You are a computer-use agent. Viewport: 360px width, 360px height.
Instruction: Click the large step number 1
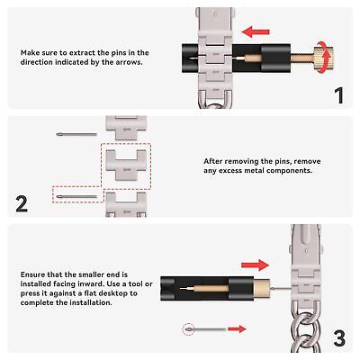[x=339, y=95]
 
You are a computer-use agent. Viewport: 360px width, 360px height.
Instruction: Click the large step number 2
[x=22, y=204]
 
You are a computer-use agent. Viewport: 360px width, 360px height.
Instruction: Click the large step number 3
[x=339, y=337]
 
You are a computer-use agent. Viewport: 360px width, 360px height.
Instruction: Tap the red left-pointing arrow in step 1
[x=256, y=31]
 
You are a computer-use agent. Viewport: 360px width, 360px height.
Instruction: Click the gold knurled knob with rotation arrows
[x=323, y=57]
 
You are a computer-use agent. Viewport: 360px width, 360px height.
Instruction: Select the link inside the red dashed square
[x=126, y=166]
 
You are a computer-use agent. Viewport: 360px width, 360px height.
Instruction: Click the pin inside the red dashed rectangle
[x=76, y=197]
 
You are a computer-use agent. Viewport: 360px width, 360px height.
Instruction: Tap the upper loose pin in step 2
[x=76, y=134]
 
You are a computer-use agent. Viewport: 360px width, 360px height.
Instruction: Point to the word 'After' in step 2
[x=213, y=161]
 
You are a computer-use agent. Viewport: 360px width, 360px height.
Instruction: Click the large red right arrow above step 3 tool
[x=255, y=265]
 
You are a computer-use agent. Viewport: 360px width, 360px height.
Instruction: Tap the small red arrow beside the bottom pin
[x=237, y=329]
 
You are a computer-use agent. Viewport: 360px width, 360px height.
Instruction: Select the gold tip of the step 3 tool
[x=262, y=288]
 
